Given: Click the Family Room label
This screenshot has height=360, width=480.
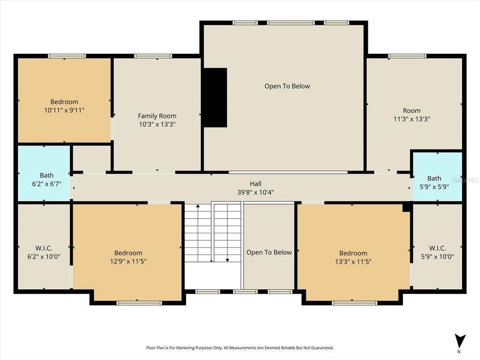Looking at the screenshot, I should (157, 116).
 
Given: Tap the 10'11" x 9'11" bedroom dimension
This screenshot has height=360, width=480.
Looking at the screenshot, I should (64, 110).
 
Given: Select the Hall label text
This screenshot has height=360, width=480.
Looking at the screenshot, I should (255, 184).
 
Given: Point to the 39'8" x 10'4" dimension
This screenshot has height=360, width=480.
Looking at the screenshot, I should (255, 192).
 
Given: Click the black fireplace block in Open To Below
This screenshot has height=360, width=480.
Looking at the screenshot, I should (215, 97).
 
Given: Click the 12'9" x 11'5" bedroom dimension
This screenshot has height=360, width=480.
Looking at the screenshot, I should (128, 262).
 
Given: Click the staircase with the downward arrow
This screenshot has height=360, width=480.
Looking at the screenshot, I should (228, 232).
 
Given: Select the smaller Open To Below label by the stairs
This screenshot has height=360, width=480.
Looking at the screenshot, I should (269, 252).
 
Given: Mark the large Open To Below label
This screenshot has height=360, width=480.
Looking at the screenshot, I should (287, 86).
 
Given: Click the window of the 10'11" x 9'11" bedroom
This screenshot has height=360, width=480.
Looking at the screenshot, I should (67, 56).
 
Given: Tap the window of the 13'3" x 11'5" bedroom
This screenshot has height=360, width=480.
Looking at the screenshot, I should (354, 303).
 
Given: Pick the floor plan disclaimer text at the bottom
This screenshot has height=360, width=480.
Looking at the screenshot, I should (240, 348).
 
